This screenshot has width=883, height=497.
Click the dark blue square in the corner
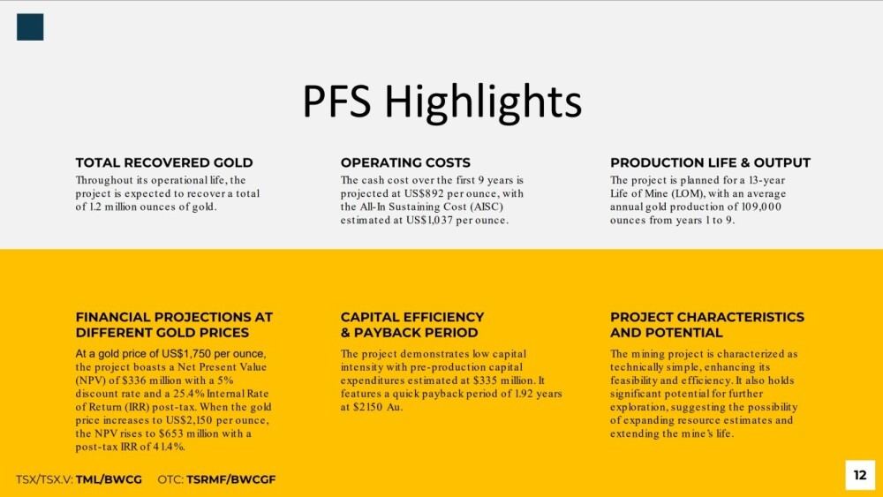(30, 27)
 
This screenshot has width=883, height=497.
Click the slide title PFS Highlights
(442, 102)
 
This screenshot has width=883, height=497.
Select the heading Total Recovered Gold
(164, 162)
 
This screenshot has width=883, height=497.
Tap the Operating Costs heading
(405, 162)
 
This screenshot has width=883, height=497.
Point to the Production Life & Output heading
(710, 162)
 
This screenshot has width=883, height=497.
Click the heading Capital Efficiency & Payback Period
(412, 325)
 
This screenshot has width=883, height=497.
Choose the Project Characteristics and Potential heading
(707, 325)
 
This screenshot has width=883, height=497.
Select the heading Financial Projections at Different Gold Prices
(174, 325)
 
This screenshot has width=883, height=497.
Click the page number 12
(860, 475)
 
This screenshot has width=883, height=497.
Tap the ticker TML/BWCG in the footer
(109, 479)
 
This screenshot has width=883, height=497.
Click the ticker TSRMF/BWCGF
(230, 479)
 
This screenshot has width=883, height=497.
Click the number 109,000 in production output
(761, 207)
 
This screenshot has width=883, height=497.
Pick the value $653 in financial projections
(170, 433)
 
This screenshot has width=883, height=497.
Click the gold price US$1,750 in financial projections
(186, 354)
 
